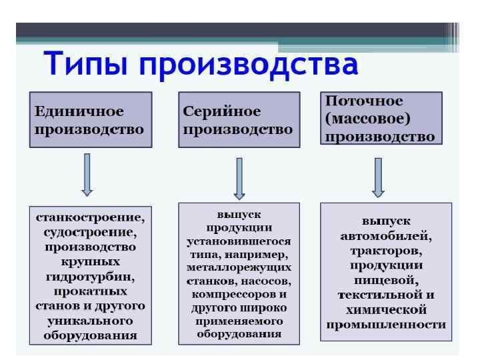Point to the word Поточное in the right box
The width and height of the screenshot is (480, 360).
click(x=364, y=102)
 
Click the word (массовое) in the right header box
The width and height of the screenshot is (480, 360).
click(x=367, y=119)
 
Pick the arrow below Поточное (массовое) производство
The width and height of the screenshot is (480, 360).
click(x=378, y=177)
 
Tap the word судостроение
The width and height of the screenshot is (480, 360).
click(x=90, y=233)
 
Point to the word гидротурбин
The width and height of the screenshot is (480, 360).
click(x=90, y=277)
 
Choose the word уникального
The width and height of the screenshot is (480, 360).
click(x=90, y=321)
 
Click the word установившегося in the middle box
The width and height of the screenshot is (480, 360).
click(x=239, y=242)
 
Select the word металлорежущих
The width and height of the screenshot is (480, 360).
click(x=239, y=268)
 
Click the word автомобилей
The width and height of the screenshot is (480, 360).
click(x=386, y=236)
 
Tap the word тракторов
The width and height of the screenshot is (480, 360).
click(x=386, y=251)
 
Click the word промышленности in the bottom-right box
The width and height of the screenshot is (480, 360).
click(x=386, y=325)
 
